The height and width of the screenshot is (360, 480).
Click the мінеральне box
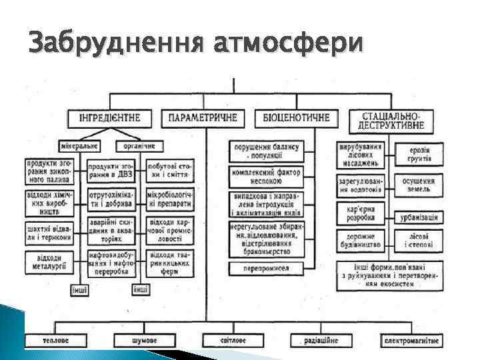pyautogui.click(x=80, y=145)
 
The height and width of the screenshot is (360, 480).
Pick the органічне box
pyautogui.click(x=137, y=145)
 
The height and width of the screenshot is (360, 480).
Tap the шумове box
pyautogui.click(x=144, y=340)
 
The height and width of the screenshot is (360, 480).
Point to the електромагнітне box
pyautogui.click(x=411, y=340)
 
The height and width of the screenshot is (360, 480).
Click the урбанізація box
pyautogui.click(x=419, y=217)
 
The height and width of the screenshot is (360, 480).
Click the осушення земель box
pyautogui.click(x=419, y=185)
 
